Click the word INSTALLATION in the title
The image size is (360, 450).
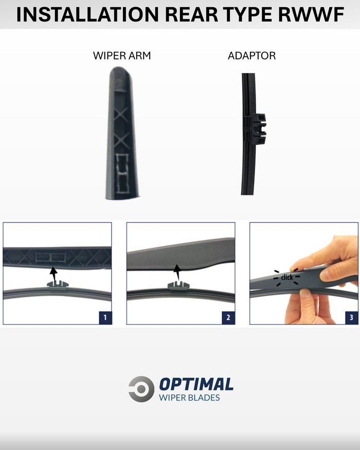coord(87,14)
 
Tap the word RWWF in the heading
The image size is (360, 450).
coord(311,14)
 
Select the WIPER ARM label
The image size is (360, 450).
coord(122,56)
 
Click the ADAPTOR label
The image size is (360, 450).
coord(252,56)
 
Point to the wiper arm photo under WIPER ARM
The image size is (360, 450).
coord(122,133)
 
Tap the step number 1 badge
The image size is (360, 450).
coord(105,317)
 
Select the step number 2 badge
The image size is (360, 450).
coord(228,317)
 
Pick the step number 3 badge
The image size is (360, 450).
coord(351,317)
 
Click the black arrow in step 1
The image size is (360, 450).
coord(53,275)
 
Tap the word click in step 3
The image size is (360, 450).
coord(287,277)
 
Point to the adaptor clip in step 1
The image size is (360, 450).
coord(58,285)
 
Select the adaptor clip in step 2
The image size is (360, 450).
coord(178,285)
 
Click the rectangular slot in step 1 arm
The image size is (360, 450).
coord(50,257)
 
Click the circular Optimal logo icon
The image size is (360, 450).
coord(141,389)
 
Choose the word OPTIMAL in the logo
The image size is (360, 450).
coord(196,384)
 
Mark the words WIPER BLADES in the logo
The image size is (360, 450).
coord(189,398)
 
